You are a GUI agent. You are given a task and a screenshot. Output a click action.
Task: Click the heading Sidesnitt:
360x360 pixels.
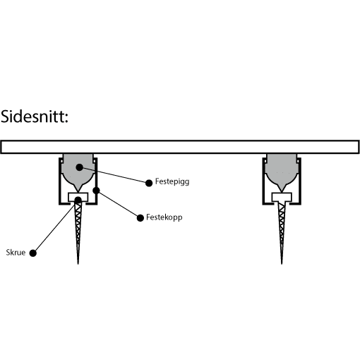35,116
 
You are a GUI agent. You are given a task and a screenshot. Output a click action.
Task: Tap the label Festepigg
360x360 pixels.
172,182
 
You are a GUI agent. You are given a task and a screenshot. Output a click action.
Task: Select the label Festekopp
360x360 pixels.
164,217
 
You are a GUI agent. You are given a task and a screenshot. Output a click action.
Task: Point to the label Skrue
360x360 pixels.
16,253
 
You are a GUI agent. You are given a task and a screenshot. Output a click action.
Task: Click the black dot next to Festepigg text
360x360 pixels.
149,183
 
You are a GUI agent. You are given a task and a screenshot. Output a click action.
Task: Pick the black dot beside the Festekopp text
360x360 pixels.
140,218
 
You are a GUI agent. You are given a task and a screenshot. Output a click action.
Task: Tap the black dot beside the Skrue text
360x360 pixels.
33,253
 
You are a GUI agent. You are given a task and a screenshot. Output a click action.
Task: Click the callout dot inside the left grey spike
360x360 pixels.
80,167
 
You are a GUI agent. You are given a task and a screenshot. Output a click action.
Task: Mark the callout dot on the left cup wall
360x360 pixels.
96,191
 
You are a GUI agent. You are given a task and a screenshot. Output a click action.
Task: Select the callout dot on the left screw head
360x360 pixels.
78,200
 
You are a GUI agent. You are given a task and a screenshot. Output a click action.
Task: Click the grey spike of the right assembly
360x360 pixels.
282,172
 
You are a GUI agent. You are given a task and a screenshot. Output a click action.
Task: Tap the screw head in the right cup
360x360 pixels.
282,197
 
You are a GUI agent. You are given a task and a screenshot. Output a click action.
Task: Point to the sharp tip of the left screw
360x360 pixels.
78,264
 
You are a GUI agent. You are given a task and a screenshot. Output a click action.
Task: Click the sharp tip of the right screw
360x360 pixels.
282,264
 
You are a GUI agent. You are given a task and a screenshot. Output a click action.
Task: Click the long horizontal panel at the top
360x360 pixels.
180,147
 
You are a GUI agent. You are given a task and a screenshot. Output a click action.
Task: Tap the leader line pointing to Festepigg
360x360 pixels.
114,175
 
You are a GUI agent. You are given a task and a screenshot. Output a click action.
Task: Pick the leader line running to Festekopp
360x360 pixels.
118,204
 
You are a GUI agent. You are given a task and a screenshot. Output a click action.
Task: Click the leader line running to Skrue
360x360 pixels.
55,227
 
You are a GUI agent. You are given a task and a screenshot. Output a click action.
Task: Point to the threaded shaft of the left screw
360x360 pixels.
78,233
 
